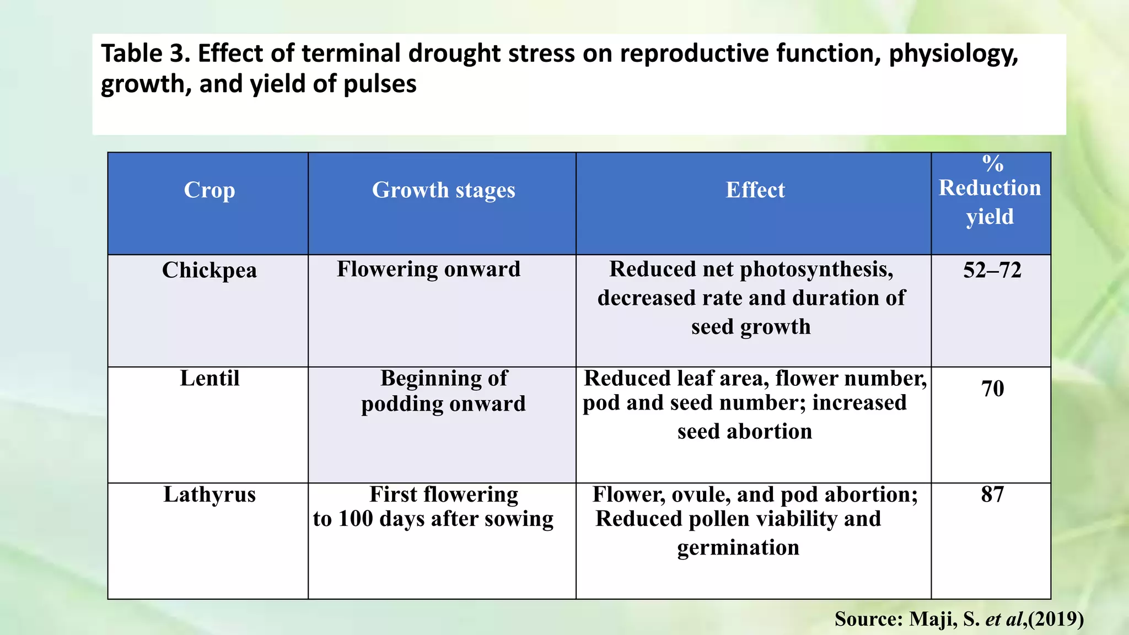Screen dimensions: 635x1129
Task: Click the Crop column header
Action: [209, 190]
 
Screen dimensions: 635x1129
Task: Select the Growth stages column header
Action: [443, 190]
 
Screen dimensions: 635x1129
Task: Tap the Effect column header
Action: [755, 190]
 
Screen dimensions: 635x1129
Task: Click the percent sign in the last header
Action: [992, 163]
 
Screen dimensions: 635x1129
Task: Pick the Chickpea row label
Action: [209, 270]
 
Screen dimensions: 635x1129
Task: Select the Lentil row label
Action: [209, 378]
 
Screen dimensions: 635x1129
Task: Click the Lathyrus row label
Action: [209, 494]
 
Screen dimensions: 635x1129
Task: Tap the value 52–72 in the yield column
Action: [992, 270]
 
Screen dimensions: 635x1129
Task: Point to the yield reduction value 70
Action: [992, 389]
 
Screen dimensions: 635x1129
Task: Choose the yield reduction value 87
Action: [992, 494]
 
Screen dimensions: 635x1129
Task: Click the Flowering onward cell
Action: [428, 269]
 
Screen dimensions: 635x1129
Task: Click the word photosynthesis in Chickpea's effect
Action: [816, 270]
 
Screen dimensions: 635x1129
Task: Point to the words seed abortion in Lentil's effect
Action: [744, 432]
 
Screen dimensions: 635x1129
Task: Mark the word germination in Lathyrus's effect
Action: [738, 548]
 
